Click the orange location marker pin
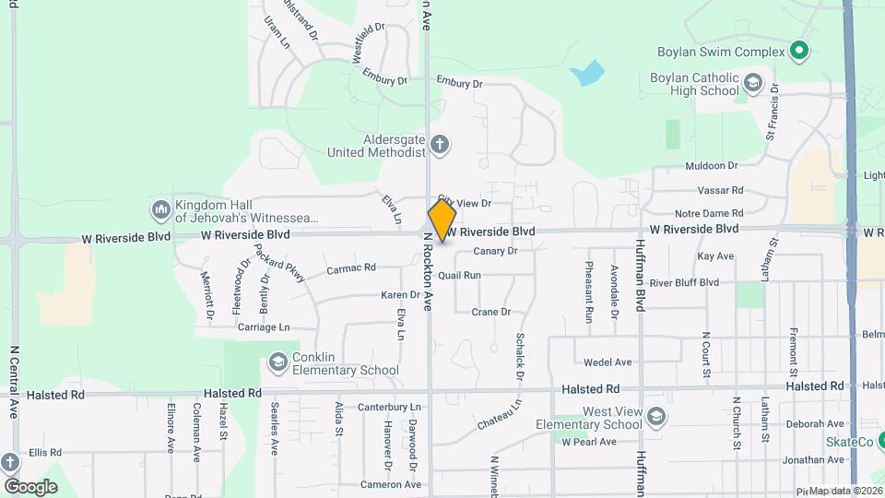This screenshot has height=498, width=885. pos(442,219)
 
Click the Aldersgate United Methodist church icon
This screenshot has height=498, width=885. pos(440,144)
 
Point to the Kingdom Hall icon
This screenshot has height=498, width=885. pos(161,210)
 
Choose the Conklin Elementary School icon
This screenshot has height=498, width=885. pos(277,362)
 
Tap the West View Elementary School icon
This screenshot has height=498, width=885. pos(655,417)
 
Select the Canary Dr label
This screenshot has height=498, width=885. pos(496,251)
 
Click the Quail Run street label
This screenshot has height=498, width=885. pos(459,275)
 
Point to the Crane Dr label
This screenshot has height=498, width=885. pos(490,312)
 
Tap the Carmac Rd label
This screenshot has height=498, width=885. pos(351,269)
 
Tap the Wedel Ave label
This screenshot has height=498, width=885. pos(608,362)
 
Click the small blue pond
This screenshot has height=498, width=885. pos(587,73)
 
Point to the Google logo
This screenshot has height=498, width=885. pos(30,486)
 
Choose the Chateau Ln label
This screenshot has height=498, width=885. pos(499,414)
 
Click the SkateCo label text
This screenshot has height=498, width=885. pos(849,443)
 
